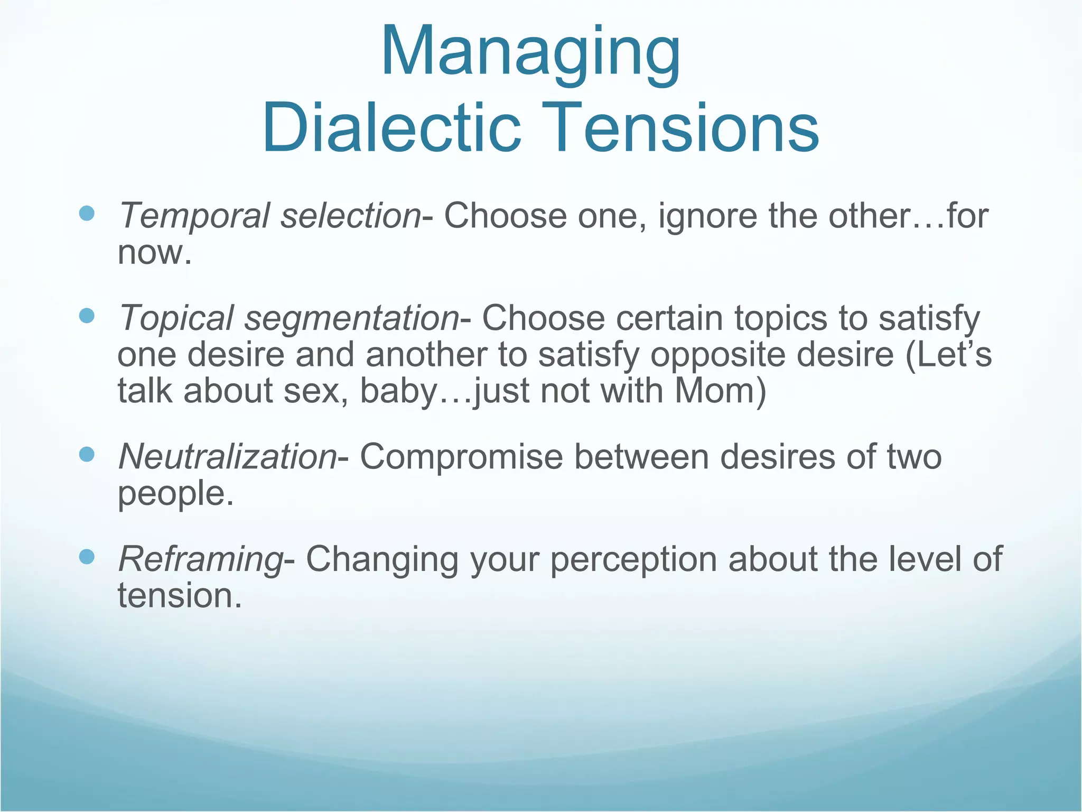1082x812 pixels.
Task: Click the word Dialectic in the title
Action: pos(391,128)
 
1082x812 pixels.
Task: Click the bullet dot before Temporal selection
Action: pos(86,214)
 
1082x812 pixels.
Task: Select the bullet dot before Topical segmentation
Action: pos(86,316)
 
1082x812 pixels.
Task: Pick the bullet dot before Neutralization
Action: pos(86,454)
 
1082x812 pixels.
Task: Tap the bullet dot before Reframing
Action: pos(86,556)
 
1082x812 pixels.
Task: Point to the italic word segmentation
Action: pos(351,319)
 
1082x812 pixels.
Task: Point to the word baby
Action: pos(399,392)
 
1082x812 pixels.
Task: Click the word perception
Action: pos(633,559)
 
